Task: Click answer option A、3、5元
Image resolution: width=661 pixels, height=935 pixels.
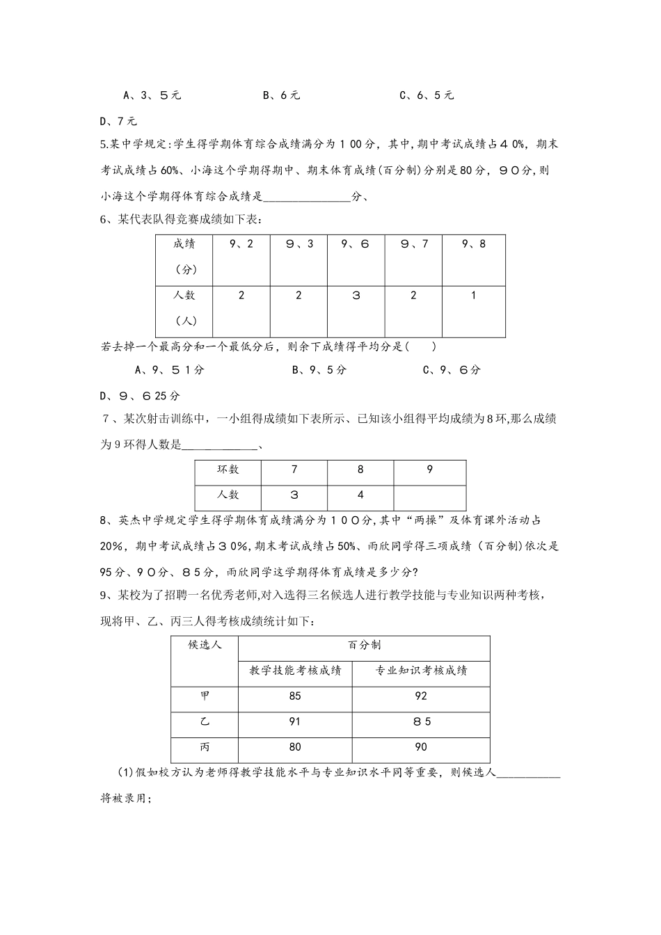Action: click(x=152, y=95)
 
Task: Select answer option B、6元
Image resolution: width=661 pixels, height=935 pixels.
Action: click(x=281, y=95)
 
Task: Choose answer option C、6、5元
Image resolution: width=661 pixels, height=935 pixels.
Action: click(x=427, y=95)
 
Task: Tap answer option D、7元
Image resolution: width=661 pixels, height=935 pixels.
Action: click(x=119, y=121)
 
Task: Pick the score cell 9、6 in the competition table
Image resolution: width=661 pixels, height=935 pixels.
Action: click(x=356, y=244)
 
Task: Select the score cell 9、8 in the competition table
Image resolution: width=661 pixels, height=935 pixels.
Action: click(x=473, y=244)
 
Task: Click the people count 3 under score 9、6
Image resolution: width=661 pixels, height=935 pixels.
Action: click(x=356, y=296)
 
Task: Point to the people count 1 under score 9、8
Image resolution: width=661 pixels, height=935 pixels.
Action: click(x=473, y=296)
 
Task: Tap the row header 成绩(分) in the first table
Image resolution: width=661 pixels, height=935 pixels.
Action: click(x=184, y=256)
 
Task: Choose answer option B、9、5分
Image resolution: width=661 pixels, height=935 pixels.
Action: click(x=319, y=370)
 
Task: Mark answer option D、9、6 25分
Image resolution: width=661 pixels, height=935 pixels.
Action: click(x=140, y=396)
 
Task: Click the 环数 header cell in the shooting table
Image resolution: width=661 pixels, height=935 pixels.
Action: click(x=228, y=470)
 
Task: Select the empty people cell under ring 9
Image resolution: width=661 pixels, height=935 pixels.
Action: click(x=429, y=495)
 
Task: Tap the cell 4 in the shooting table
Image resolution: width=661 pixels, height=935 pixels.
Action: click(x=360, y=495)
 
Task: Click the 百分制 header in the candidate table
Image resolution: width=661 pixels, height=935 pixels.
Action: click(x=364, y=646)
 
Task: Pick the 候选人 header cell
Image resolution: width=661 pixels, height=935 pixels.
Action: click(x=205, y=646)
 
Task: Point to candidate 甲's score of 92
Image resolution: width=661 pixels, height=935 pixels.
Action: click(x=420, y=696)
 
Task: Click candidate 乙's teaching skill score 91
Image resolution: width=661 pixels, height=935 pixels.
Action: click(x=295, y=722)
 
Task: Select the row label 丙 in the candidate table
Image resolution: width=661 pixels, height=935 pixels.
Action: click(x=205, y=747)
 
